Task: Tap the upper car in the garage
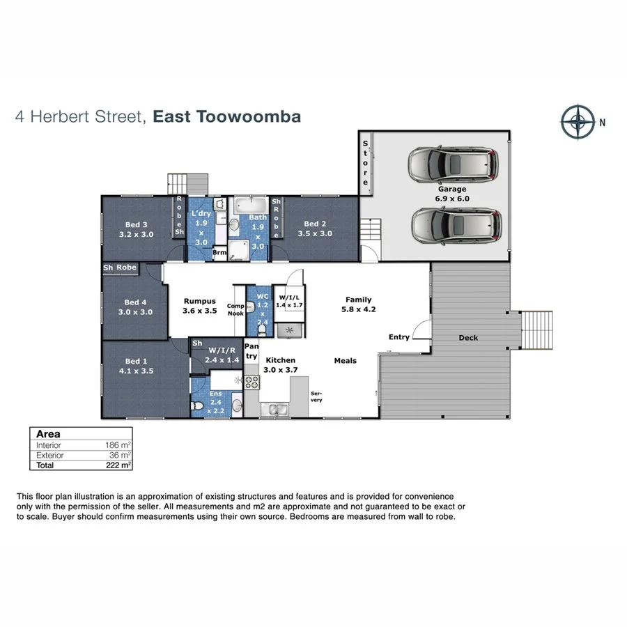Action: (x=454, y=164)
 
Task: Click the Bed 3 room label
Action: (x=137, y=224)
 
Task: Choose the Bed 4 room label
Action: (x=136, y=302)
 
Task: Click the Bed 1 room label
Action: (x=136, y=361)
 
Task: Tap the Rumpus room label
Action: (x=199, y=301)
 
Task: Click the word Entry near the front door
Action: (x=399, y=337)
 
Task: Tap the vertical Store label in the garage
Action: (x=364, y=163)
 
